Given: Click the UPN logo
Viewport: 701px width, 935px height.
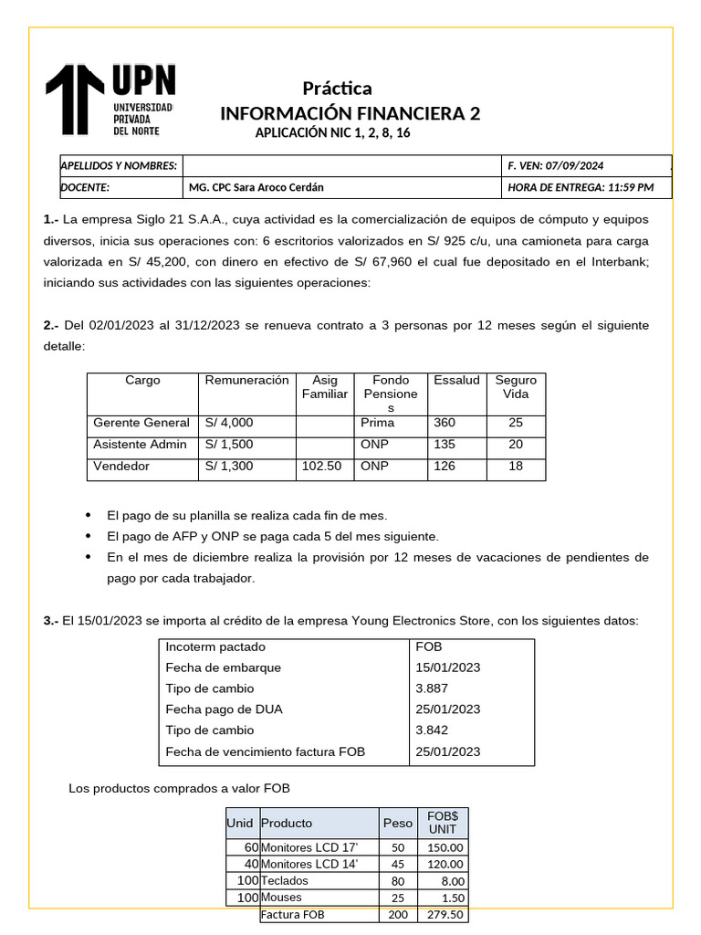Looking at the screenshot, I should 110,100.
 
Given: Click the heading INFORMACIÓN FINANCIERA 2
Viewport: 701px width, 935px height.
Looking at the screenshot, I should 350,113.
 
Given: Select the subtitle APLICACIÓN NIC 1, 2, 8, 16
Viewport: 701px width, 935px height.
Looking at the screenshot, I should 332,133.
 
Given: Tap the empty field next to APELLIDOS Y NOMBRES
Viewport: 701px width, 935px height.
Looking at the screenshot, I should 342,165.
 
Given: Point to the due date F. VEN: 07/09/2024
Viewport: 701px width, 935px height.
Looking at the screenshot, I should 555,165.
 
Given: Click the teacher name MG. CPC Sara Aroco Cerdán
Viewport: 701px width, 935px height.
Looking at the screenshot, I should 255,187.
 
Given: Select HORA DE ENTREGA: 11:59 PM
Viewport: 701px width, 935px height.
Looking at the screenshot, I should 581,187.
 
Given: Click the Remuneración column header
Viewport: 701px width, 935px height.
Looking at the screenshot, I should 246,381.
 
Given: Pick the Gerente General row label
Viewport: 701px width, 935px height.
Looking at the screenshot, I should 141,423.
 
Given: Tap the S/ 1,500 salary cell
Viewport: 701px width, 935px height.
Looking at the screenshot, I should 229,445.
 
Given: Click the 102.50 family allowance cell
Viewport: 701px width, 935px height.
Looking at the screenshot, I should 321,467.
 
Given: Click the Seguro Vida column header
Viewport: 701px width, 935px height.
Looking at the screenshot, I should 516,387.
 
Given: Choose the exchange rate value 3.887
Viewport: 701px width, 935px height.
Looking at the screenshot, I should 435,688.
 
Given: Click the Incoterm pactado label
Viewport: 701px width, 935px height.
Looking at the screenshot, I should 211,646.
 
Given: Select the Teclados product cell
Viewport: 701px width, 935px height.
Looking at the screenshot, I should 285,881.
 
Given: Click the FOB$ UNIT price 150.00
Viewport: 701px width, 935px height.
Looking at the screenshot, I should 445,847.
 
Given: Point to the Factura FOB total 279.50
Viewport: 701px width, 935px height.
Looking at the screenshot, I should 445,915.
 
